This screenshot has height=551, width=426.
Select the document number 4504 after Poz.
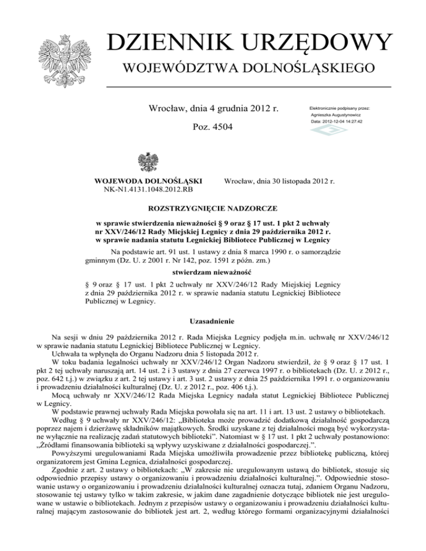(221, 127)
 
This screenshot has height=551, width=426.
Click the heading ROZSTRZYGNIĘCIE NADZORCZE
(213, 209)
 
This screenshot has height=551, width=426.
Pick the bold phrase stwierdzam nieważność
(213, 273)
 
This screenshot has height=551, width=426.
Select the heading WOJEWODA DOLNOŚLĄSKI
(148, 181)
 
